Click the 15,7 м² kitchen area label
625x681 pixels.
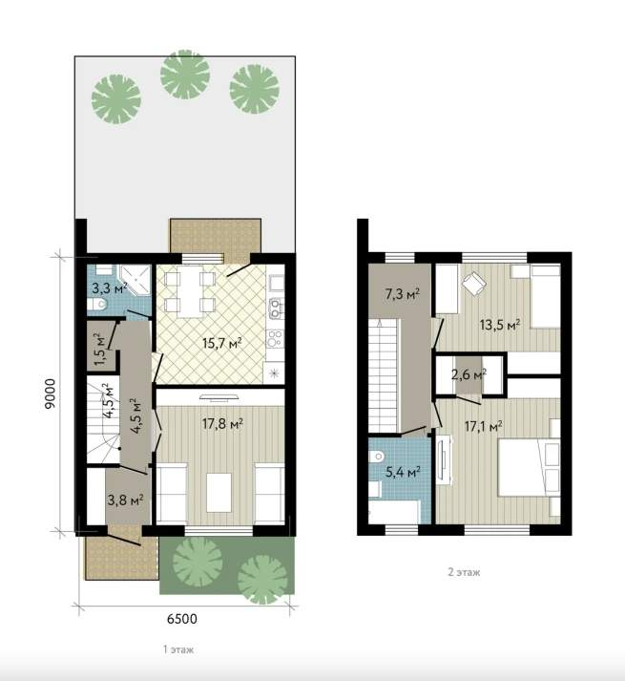click(221, 343)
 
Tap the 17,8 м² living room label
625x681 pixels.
click(221, 423)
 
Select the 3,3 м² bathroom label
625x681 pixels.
click(109, 287)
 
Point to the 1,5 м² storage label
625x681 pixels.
click(99, 350)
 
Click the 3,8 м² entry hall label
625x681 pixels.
click(125, 500)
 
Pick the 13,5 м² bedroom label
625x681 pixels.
click(500, 324)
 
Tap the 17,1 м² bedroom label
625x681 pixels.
click(483, 426)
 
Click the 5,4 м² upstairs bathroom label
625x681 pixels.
click(403, 471)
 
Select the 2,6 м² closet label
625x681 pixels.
click(469, 374)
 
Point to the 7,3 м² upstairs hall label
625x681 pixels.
click(403, 294)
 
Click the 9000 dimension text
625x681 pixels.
click(51, 394)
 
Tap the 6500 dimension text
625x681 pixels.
click(182, 618)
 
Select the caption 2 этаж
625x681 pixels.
click(464, 572)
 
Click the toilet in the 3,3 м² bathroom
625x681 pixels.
click(96, 304)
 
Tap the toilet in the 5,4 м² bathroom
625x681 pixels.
click(376, 457)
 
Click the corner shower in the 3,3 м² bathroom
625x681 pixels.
click(135, 280)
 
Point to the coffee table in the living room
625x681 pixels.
click(219, 493)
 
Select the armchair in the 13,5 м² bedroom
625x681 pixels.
click(473, 284)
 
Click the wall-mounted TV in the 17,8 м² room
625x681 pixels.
click(219, 396)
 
